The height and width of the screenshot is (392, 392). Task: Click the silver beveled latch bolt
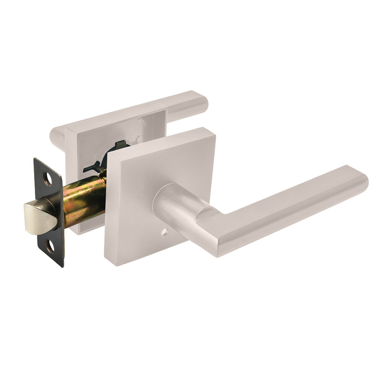pyautogui.click(x=37, y=216)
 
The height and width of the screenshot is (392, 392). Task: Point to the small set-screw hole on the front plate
pyautogui.click(x=164, y=232)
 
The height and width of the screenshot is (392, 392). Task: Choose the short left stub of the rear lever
pyautogui.click(x=57, y=136)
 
